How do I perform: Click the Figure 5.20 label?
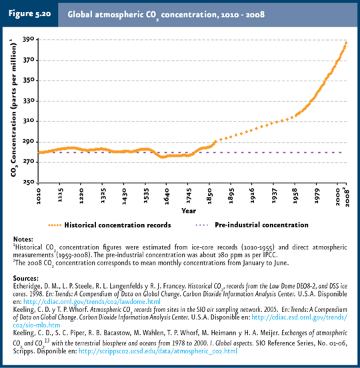29,13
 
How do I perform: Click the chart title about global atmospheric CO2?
166,15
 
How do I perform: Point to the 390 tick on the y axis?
29,39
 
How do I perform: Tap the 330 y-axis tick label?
29,101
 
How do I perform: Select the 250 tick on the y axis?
29,182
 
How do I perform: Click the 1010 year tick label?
38,196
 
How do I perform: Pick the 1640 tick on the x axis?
167,196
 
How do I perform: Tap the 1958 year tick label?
295,196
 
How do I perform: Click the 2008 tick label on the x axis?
347,197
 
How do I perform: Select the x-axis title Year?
189,211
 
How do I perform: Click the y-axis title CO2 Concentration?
13,108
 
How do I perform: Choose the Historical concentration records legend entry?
109,225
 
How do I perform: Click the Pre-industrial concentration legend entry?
252,225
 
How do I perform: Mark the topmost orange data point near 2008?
346,43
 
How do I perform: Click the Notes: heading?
23,239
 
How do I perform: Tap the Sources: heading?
26,279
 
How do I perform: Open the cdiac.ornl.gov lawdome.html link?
92,301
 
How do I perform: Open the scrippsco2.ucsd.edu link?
158,351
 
